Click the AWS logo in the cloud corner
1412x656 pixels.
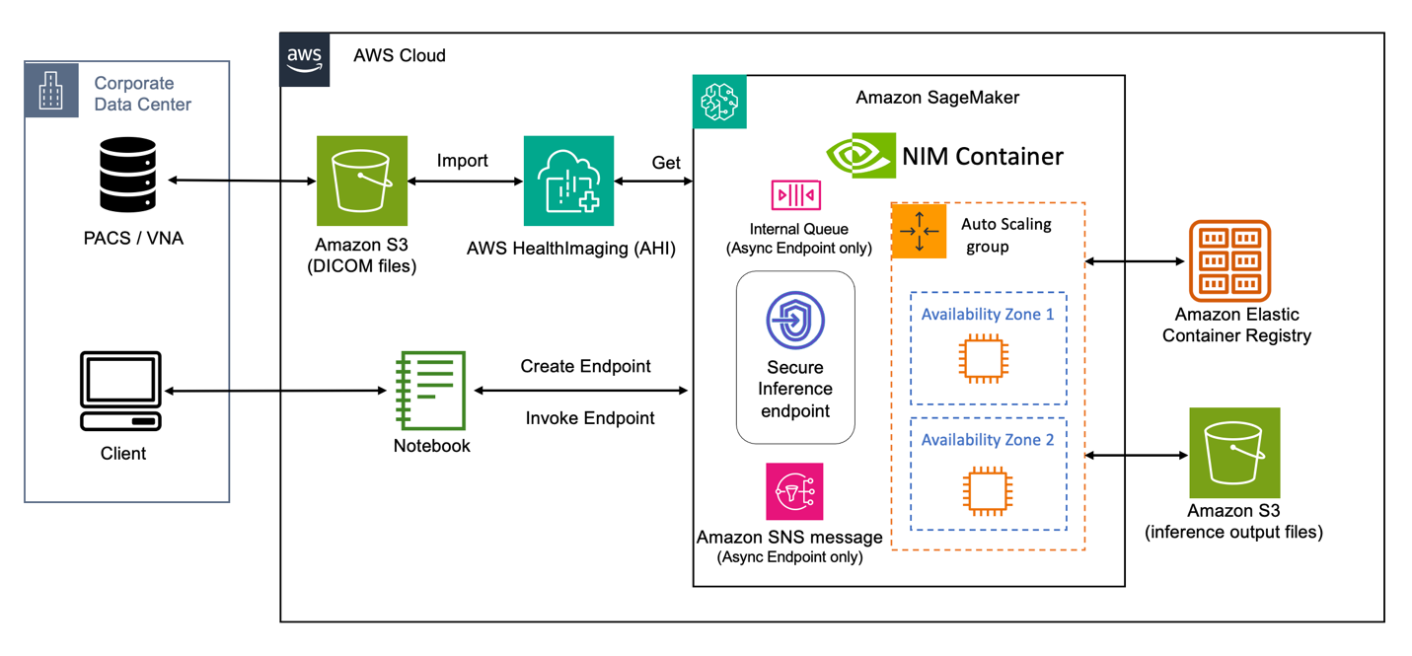[x=304, y=59]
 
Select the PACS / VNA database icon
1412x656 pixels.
[x=128, y=176]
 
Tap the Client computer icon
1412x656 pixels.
[x=120, y=391]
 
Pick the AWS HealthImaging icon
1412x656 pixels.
[x=568, y=181]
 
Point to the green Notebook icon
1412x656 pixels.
[x=431, y=391]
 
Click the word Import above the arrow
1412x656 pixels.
[x=462, y=161]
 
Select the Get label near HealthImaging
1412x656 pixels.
[x=666, y=163]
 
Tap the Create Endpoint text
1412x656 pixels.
[x=585, y=366]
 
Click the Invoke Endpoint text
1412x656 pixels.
[x=589, y=418]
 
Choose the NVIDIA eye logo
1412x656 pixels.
[x=860, y=156]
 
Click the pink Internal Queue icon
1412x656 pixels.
[x=796, y=195]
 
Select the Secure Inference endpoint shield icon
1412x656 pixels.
[x=795, y=320]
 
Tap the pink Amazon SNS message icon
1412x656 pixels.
[x=794, y=491]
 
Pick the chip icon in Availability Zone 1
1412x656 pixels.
[x=985, y=359]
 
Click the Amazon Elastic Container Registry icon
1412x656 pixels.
[x=1229, y=260]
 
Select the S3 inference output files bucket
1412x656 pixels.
[x=1234, y=453]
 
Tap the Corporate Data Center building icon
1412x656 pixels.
[x=50, y=90]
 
